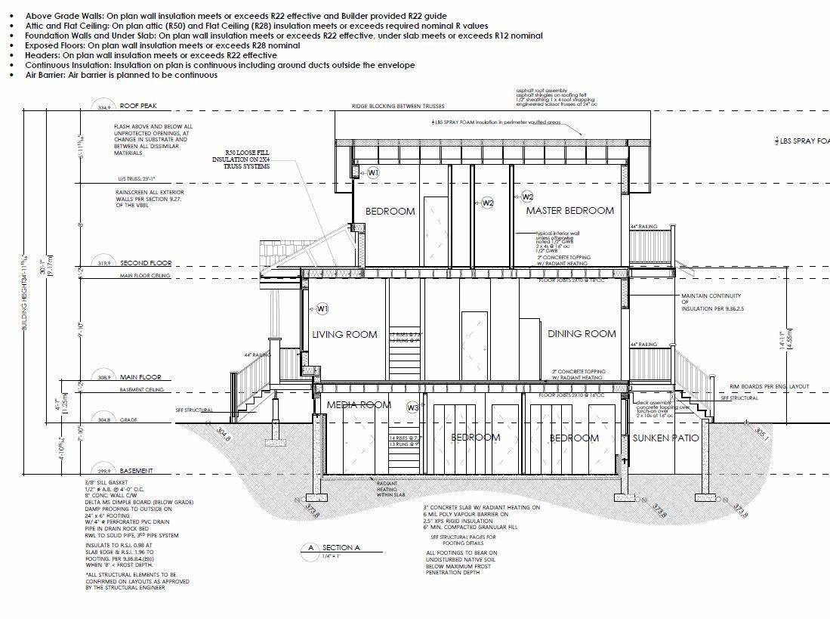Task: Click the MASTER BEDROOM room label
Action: click(570, 211)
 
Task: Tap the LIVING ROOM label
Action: click(344, 334)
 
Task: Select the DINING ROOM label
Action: click(582, 334)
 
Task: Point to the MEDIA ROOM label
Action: click(359, 405)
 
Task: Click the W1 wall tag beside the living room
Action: click(322, 308)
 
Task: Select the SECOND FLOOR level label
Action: click(145, 264)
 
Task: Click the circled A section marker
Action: click(310, 547)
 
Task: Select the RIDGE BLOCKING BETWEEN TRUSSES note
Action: click(398, 107)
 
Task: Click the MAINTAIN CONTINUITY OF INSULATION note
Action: click(712, 302)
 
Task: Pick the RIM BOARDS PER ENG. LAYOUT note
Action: click(769, 386)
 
